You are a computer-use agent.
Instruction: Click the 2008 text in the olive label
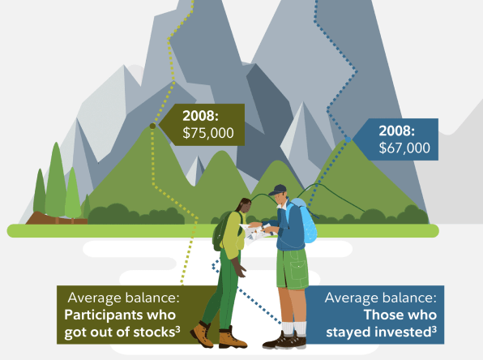(200, 116)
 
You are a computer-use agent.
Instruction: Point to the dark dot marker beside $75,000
(152, 126)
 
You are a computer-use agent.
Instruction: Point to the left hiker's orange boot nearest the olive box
(202, 335)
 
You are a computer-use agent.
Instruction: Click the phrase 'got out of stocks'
(122, 332)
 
